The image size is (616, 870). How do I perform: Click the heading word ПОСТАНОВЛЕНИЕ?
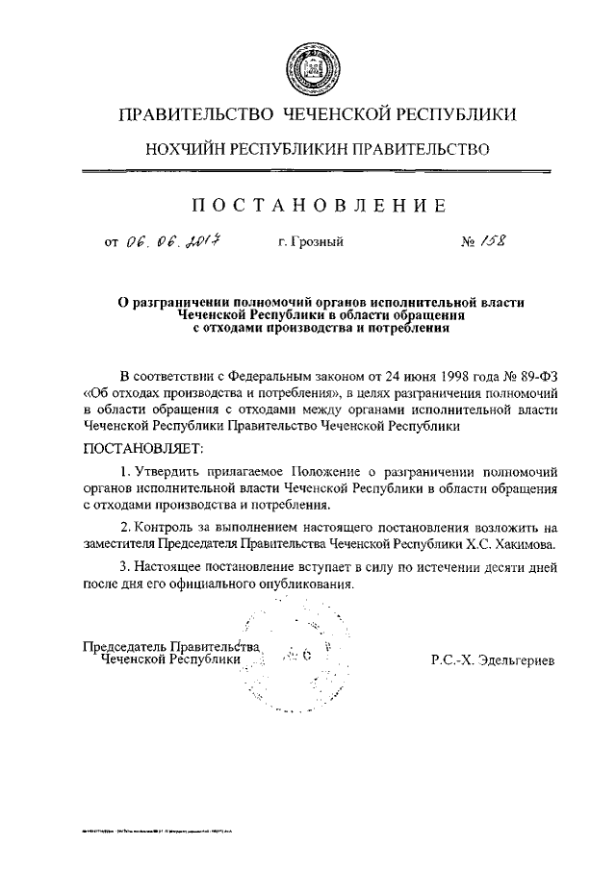(317, 205)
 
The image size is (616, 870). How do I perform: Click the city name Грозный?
(317, 242)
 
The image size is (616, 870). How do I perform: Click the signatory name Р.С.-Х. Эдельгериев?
(494, 661)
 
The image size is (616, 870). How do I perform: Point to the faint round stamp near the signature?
(295, 659)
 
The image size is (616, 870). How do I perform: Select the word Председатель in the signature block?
(125, 647)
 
